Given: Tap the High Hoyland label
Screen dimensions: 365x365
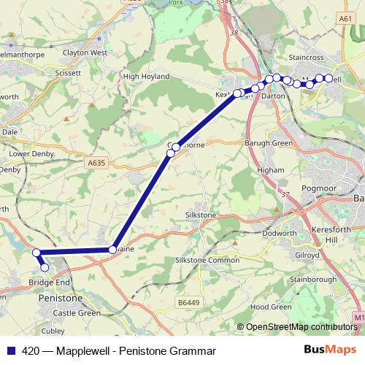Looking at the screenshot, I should click(x=142, y=76).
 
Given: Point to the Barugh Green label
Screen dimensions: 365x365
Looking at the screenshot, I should click(x=268, y=143).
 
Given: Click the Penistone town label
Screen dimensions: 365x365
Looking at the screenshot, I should click(x=60, y=298).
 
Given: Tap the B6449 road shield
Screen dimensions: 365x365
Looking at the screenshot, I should click(x=188, y=301).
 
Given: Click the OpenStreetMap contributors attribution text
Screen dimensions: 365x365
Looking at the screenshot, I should click(x=301, y=326).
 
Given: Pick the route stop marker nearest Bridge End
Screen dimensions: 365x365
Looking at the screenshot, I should click(x=45, y=267).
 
